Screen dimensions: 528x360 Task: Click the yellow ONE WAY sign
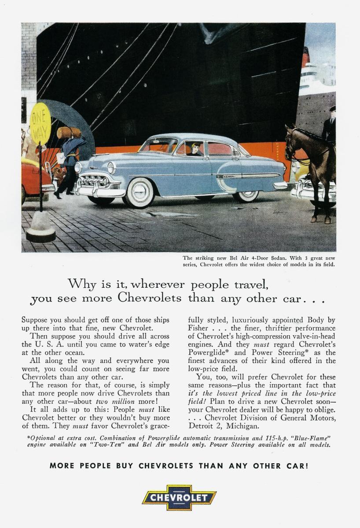(40, 123)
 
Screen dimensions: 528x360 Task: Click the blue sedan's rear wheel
(246, 193)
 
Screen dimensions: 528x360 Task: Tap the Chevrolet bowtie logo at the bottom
(179, 498)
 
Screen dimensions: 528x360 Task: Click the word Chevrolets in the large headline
(150, 298)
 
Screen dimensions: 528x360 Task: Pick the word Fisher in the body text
(198, 328)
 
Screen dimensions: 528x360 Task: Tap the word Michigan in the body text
(242, 426)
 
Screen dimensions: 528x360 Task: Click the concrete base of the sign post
(40, 229)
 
